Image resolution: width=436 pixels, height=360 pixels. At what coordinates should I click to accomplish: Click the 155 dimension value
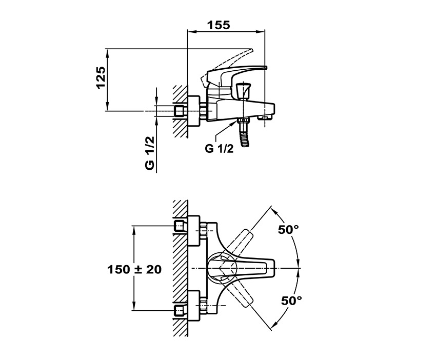click(219, 24)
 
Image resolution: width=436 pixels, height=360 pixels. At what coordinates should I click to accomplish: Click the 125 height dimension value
click(101, 78)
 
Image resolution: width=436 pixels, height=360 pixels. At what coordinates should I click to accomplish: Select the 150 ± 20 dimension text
click(134, 269)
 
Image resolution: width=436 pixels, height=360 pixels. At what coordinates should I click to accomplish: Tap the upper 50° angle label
click(288, 230)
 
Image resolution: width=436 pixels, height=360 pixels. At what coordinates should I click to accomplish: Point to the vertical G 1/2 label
click(149, 153)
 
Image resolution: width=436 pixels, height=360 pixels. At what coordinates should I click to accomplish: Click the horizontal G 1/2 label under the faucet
click(220, 149)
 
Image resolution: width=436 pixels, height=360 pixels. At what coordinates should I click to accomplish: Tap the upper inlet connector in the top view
click(179, 226)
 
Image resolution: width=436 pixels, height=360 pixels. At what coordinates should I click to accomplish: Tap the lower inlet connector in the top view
click(179, 310)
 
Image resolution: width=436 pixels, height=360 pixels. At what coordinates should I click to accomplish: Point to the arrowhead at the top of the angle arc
click(273, 210)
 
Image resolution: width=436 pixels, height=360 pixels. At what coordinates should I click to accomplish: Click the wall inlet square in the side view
click(179, 111)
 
